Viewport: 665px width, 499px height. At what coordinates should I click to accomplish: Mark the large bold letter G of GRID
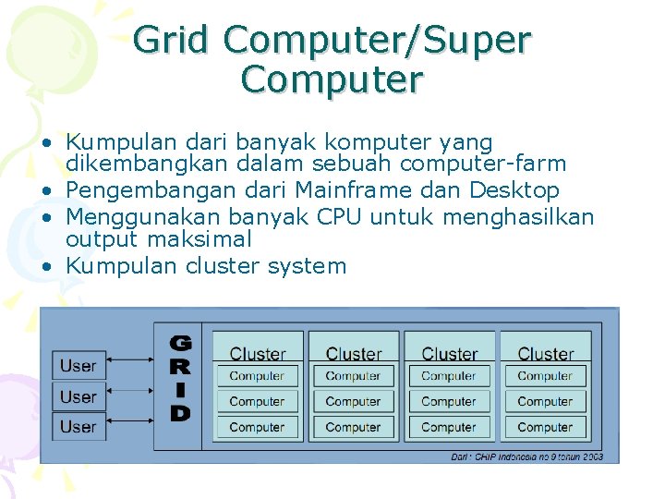181,343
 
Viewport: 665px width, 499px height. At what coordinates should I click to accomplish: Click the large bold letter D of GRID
181,413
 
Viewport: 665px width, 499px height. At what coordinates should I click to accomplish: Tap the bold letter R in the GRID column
181,367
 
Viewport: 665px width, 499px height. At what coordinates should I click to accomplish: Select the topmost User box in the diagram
79,366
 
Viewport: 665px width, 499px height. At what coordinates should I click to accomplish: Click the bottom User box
79,427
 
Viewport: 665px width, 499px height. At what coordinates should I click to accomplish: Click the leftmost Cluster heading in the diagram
258,354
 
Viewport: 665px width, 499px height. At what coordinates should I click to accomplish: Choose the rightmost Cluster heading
546,354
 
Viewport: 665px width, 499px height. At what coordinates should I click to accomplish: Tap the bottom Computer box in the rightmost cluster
546,428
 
